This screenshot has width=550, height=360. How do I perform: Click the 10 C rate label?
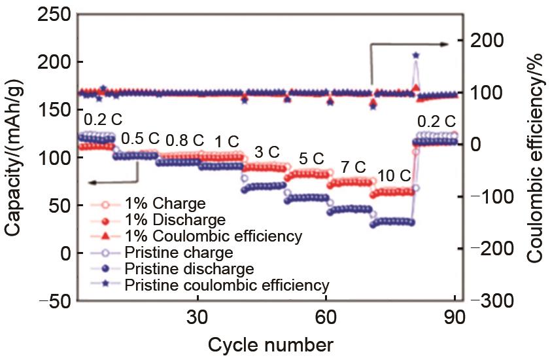(394, 175)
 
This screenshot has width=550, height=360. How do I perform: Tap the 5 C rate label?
(311, 158)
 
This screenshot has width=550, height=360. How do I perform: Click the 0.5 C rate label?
(141, 138)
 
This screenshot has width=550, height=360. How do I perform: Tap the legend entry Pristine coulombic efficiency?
(226, 285)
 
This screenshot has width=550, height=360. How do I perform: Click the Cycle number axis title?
(270, 344)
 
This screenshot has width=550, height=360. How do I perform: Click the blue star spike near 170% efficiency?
(416, 56)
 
